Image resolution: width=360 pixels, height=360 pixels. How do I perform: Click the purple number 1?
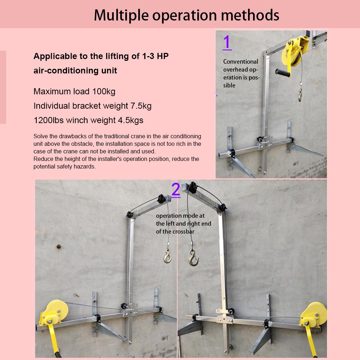tap(227, 42)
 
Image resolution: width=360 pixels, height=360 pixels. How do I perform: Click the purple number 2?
tap(176, 189)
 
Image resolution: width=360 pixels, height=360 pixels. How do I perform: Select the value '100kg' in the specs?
tap(104, 91)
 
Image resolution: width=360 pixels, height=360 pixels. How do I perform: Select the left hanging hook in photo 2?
tap(167, 256)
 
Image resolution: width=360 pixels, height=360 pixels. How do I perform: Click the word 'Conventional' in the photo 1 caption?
tap(240, 62)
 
